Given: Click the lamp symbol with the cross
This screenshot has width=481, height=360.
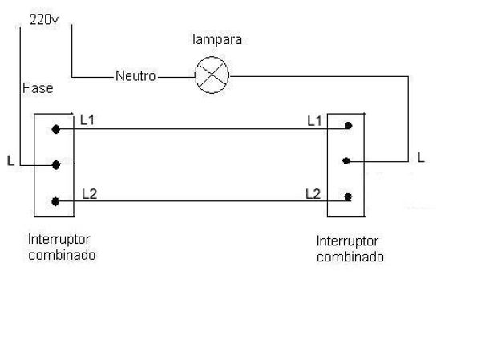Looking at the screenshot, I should pos(212,76).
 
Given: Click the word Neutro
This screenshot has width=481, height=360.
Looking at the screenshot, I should pos(135,77).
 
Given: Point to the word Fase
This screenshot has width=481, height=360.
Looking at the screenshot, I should pos(38,86).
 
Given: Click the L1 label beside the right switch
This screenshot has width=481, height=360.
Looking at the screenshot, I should pos(314,120).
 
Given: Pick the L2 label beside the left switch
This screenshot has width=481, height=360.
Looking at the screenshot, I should pos(89,193).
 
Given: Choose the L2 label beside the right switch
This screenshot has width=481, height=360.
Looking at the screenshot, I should pos(313,193).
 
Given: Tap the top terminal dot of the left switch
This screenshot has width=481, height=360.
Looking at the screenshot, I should pos(55,128).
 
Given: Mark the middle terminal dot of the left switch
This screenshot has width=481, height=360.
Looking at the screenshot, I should pos(55,165).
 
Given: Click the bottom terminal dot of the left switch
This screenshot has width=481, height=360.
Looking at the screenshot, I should pos(55,201).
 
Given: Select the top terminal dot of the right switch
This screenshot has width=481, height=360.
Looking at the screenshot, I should pos(347,126).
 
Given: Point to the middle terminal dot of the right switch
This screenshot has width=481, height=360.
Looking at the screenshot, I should pos(346,160).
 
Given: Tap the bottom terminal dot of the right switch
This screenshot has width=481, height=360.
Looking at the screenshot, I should pos(347,196).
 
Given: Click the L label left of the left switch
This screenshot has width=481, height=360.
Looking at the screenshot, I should pos(10,161).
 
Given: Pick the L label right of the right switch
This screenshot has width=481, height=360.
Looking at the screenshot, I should pos(420,157).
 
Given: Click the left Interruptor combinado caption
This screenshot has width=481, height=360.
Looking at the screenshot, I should pos(61,247).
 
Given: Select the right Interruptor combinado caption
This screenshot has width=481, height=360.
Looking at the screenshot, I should pos(350,249).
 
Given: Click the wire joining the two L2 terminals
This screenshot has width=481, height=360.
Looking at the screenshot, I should pos(200,201).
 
